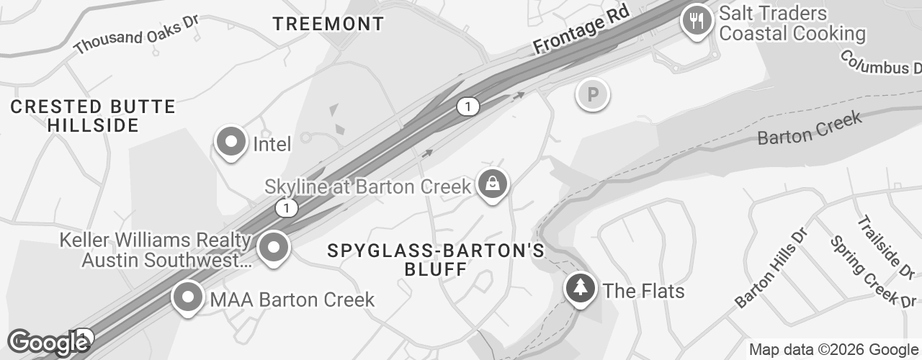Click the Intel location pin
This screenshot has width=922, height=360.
point(231,142)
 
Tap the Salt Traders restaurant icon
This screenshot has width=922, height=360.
point(696,20)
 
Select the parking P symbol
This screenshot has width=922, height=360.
point(593,94)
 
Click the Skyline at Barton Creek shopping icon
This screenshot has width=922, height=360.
point(493,184)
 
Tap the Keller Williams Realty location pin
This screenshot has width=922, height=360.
point(274,248)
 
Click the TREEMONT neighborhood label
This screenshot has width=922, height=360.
point(328,24)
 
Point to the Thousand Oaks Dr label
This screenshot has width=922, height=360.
point(135,33)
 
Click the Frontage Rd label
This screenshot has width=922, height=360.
point(582,31)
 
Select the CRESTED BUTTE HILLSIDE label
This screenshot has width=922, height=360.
point(93,116)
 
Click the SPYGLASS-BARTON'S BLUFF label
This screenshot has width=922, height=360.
point(436,260)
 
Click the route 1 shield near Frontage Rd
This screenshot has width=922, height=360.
point(467,107)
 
